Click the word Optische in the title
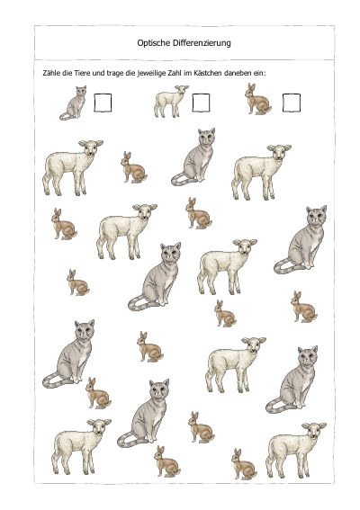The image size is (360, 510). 153,43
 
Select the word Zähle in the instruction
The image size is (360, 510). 51,73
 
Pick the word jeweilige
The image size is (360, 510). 151,74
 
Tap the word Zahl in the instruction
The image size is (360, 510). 175,73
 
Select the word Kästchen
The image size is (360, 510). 208,73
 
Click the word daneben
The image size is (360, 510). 238,73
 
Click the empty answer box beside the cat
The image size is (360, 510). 103,103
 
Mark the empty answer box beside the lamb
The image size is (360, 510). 201,103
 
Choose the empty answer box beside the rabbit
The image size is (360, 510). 292,103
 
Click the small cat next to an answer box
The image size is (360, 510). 74,103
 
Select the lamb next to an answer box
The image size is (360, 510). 171,101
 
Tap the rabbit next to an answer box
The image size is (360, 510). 257,99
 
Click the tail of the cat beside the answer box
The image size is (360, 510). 66,116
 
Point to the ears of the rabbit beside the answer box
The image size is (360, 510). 251,86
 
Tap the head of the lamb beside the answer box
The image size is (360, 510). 182,90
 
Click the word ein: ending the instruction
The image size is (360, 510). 259,73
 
